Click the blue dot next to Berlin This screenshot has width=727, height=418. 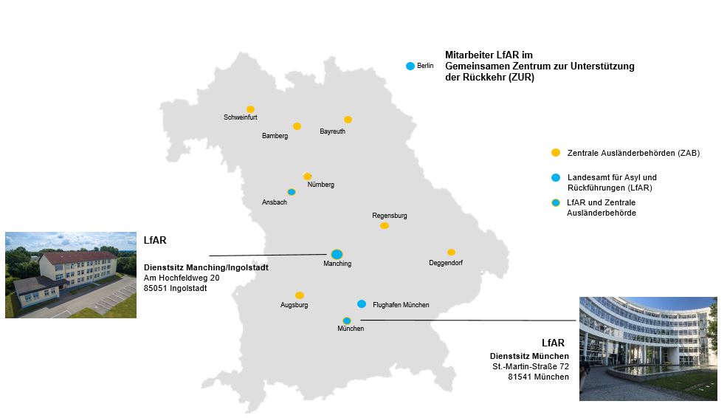pyautogui.click(x=410, y=66)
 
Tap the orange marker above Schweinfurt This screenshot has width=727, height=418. pyautogui.click(x=250, y=109)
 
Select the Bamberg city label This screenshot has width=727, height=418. pyautogui.click(x=275, y=136)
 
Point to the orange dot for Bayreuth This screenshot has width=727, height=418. pyautogui.click(x=348, y=120)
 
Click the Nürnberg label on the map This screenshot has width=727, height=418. pyautogui.click(x=320, y=185)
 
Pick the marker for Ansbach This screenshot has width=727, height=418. pyautogui.click(x=292, y=192)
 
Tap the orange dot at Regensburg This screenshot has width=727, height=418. pyautogui.click(x=384, y=225)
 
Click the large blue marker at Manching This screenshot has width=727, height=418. pyautogui.click(x=337, y=254)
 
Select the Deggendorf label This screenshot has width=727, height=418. pyautogui.click(x=446, y=263)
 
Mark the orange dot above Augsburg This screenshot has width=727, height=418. pyautogui.click(x=299, y=295)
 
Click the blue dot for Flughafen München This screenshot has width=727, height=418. pyautogui.click(x=362, y=304)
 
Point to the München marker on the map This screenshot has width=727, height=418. pyautogui.click(x=346, y=321)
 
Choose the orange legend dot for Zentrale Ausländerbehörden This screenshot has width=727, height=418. pyautogui.click(x=556, y=153)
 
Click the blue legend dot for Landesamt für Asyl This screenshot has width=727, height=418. pyautogui.click(x=556, y=178)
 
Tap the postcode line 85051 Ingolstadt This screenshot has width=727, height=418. pyautogui.click(x=176, y=288)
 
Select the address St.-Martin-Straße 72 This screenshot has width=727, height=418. pyautogui.click(x=531, y=366)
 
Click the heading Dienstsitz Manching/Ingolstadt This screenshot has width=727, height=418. pyautogui.click(x=206, y=267)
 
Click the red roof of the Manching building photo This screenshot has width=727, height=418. pyautogui.click(x=81, y=257)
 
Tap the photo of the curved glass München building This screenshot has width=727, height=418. pyautogui.click(x=647, y=348)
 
